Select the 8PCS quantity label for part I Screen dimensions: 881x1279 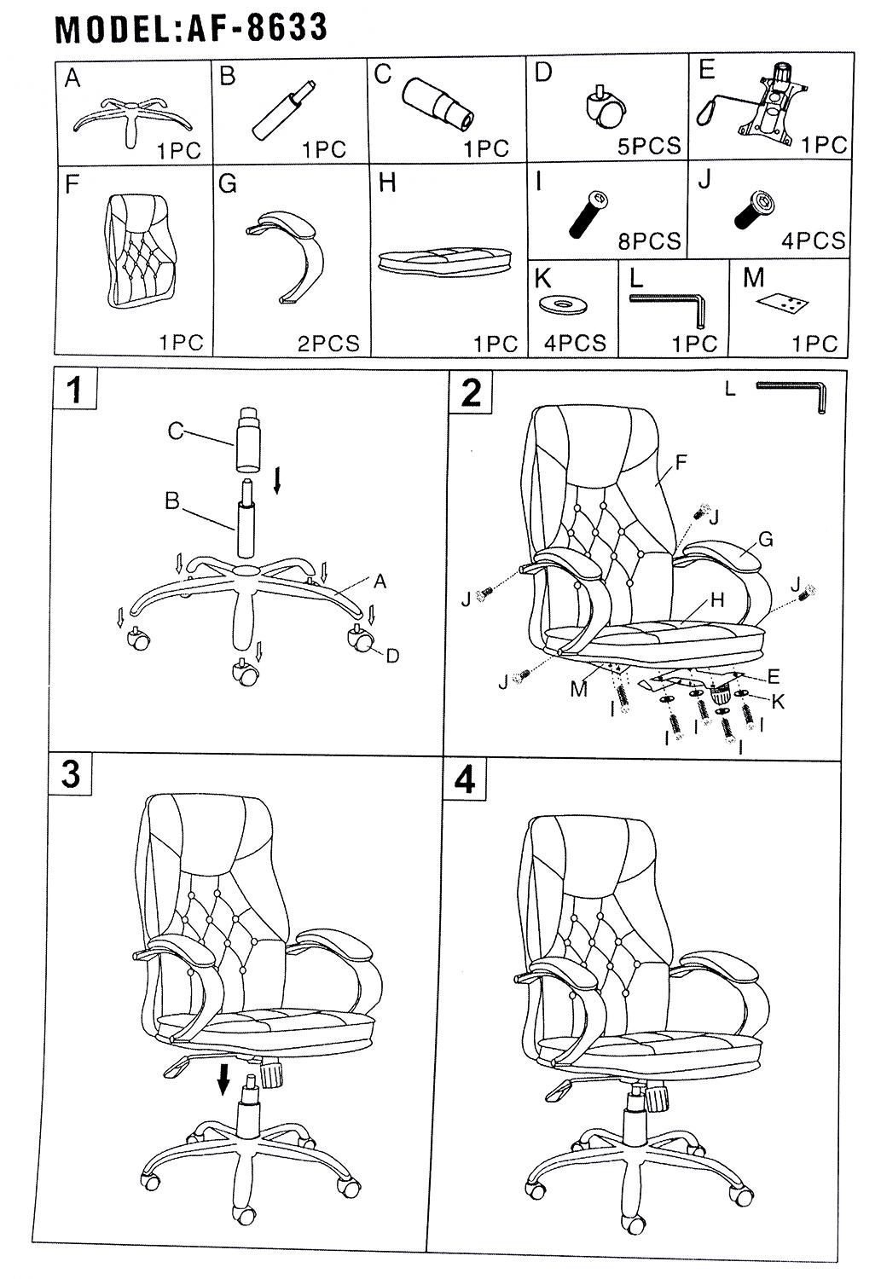(649, 241)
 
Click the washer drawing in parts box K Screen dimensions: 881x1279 (563, 304)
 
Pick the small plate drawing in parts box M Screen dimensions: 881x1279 (784, 303)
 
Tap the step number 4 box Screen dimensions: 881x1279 (466, 780)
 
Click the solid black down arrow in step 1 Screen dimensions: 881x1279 (277, 479)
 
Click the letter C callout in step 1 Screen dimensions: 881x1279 (176, 431)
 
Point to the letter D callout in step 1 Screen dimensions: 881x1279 (391, 656)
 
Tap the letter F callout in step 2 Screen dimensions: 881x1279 (680, 462)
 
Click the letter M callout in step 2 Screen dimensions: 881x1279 (579, 690)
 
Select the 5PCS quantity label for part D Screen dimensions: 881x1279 (649, 146)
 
